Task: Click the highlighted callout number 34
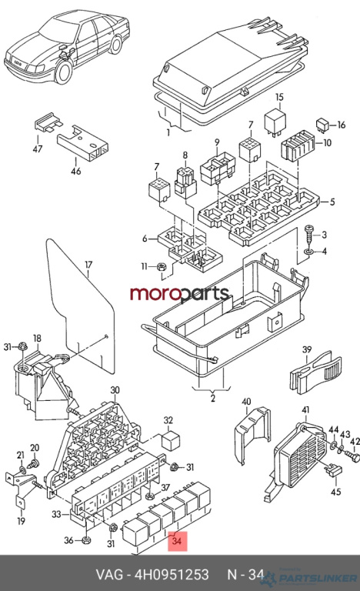[177, 541]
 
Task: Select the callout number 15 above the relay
[279, 97]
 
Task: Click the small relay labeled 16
[322, 125]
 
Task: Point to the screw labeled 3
[309, 235]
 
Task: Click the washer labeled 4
[309, 251]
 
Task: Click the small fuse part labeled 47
[48, 122]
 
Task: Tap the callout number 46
[76, 171]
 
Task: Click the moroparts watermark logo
[179, 294]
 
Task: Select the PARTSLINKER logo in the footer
[310, 577]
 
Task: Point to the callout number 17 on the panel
[88, 265]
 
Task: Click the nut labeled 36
[86, 540]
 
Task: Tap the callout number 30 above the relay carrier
[115, 389]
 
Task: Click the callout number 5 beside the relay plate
[332, 202]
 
